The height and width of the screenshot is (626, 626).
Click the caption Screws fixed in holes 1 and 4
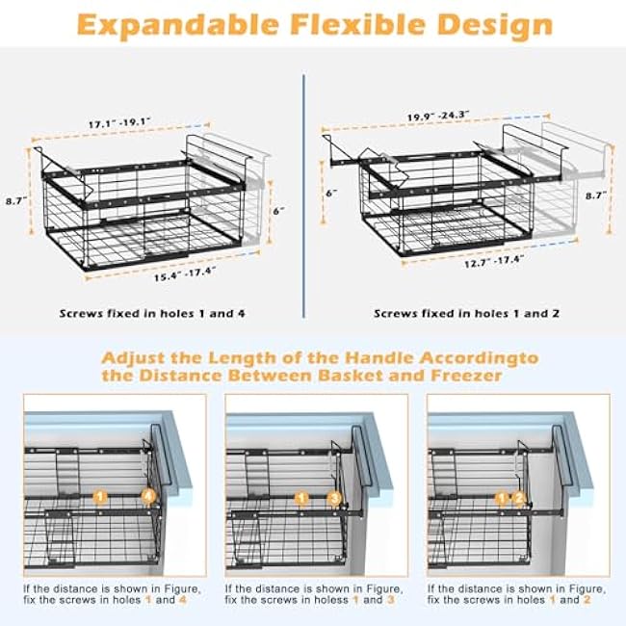pyautogui.click(x=151, y=314)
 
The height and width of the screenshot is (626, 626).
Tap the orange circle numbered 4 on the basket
pyautogui.click(x=148, y=497)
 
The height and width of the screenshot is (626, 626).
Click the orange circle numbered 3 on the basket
pyautogui.click(x=334, y=498)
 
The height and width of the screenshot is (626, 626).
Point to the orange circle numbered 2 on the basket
pyautogui.click(x=519, y=498)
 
